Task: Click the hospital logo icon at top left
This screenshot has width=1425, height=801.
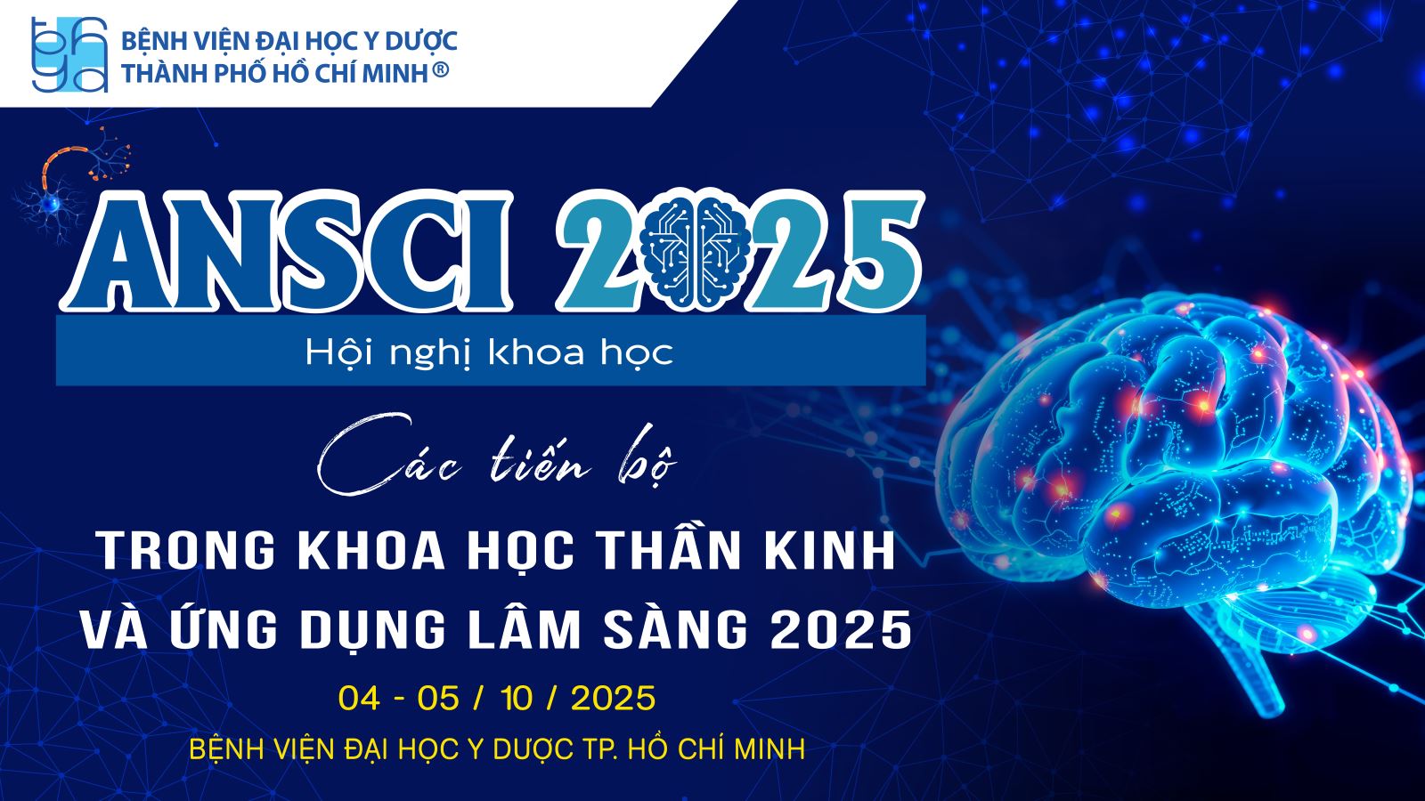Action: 69,54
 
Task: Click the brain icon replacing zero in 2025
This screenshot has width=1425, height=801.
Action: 696,250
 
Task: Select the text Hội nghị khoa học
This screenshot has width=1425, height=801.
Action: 489,352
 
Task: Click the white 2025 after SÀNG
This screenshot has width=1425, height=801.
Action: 841,630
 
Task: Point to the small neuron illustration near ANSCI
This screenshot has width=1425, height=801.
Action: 70,184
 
